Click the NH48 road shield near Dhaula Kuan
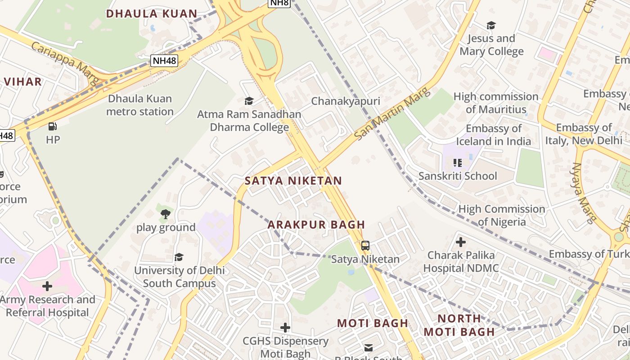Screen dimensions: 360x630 164,60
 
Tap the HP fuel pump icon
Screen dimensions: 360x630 53,126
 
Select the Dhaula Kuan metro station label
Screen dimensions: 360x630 140,105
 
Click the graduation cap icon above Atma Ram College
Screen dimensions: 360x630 249,101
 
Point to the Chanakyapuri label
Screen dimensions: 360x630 346,101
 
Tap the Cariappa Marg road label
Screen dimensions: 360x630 65,63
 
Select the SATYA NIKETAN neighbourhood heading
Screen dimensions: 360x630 293,181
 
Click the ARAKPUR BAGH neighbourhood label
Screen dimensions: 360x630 316,224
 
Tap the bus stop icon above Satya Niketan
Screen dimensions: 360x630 365,246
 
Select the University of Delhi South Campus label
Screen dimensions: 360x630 179,277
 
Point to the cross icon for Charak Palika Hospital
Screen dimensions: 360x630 460,242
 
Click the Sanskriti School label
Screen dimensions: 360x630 458,175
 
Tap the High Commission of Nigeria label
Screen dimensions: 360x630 502,215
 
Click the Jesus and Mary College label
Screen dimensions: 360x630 491,45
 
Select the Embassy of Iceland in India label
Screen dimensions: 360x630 494,135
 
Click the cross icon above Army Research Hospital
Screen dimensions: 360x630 47,286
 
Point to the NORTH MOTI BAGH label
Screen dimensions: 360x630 459,325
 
